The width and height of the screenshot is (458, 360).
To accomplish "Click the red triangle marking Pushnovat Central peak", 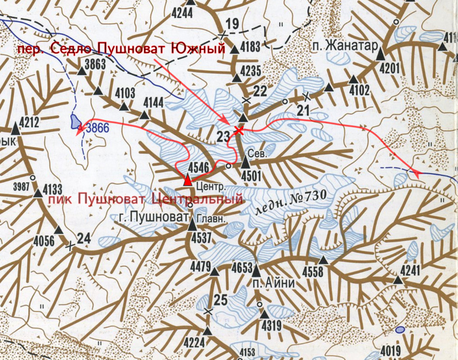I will (187, 179).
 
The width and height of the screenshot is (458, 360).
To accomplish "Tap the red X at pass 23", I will (239, 130).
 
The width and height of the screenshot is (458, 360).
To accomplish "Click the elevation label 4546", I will (199, 167).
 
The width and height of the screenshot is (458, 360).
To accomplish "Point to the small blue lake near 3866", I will (75, 122).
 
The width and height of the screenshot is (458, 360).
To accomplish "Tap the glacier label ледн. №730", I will (291, 202).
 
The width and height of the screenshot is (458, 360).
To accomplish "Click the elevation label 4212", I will (29, 123).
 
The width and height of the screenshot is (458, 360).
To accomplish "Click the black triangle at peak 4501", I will (246, 163).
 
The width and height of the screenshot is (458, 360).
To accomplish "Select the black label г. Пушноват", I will (151, 217).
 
